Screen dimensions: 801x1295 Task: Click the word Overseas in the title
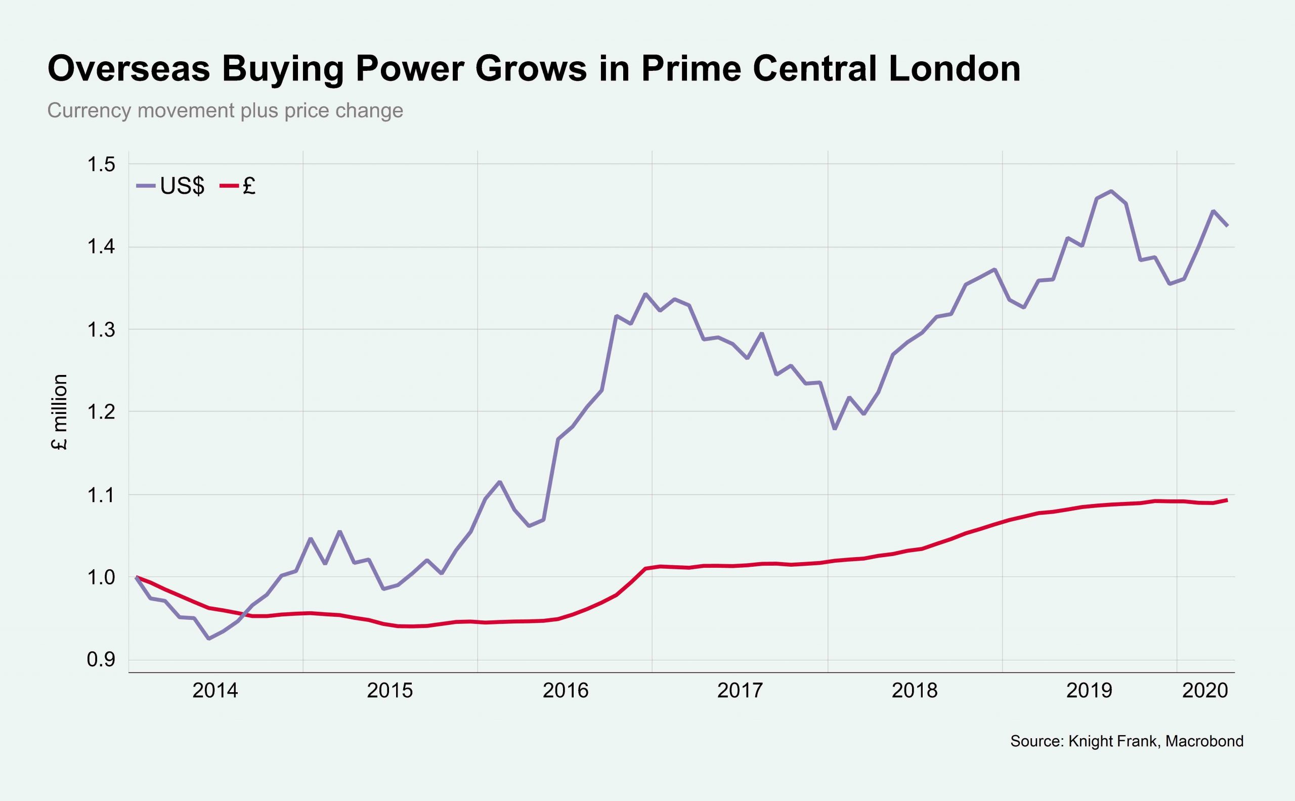click(x=128, y=69)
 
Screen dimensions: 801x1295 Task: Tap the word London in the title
click(x=954, y=69)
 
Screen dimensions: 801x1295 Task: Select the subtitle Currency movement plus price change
click(x=225, y=111)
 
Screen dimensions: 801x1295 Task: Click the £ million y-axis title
click(x=60, y=412)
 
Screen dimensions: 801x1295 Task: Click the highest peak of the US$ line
click(x=1111, y=191)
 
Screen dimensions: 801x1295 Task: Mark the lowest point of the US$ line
click(x=209, y=639)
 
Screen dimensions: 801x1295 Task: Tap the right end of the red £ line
click(x=1227, y=499)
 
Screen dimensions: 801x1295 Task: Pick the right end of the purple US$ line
click(x=1227, y=226)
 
